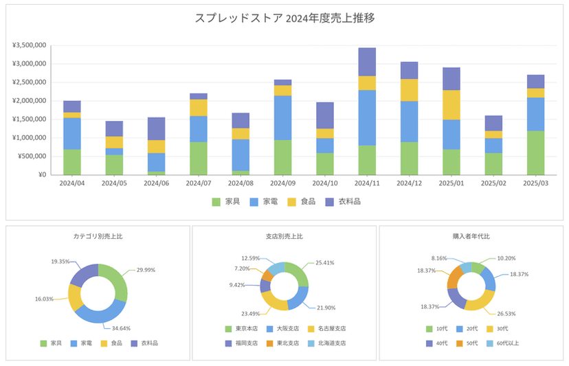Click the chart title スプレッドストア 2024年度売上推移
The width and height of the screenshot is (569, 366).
tap(284, 18)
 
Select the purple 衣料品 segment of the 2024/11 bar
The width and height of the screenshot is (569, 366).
tap(367, 62)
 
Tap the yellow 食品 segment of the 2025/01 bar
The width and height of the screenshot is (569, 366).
tap(451, 105)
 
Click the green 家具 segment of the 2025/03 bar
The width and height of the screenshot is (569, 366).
tap(535, 152)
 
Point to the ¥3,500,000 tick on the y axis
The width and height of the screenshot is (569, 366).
tap(29, 45)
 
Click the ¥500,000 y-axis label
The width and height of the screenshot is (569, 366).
tap(32, 156)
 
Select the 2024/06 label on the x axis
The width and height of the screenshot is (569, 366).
tap(157, 183)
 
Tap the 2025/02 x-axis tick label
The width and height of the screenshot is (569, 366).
tap(493, 183)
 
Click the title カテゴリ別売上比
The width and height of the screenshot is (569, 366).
tap(98, 236)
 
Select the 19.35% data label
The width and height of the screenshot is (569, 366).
tap(60, 262)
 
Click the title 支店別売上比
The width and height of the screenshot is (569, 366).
tap(284, 236)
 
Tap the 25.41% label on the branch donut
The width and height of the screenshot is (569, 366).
tap(325, 262)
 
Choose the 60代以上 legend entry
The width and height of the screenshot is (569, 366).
tap(504, 343)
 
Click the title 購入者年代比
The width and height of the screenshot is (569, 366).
tap(471, 236)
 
